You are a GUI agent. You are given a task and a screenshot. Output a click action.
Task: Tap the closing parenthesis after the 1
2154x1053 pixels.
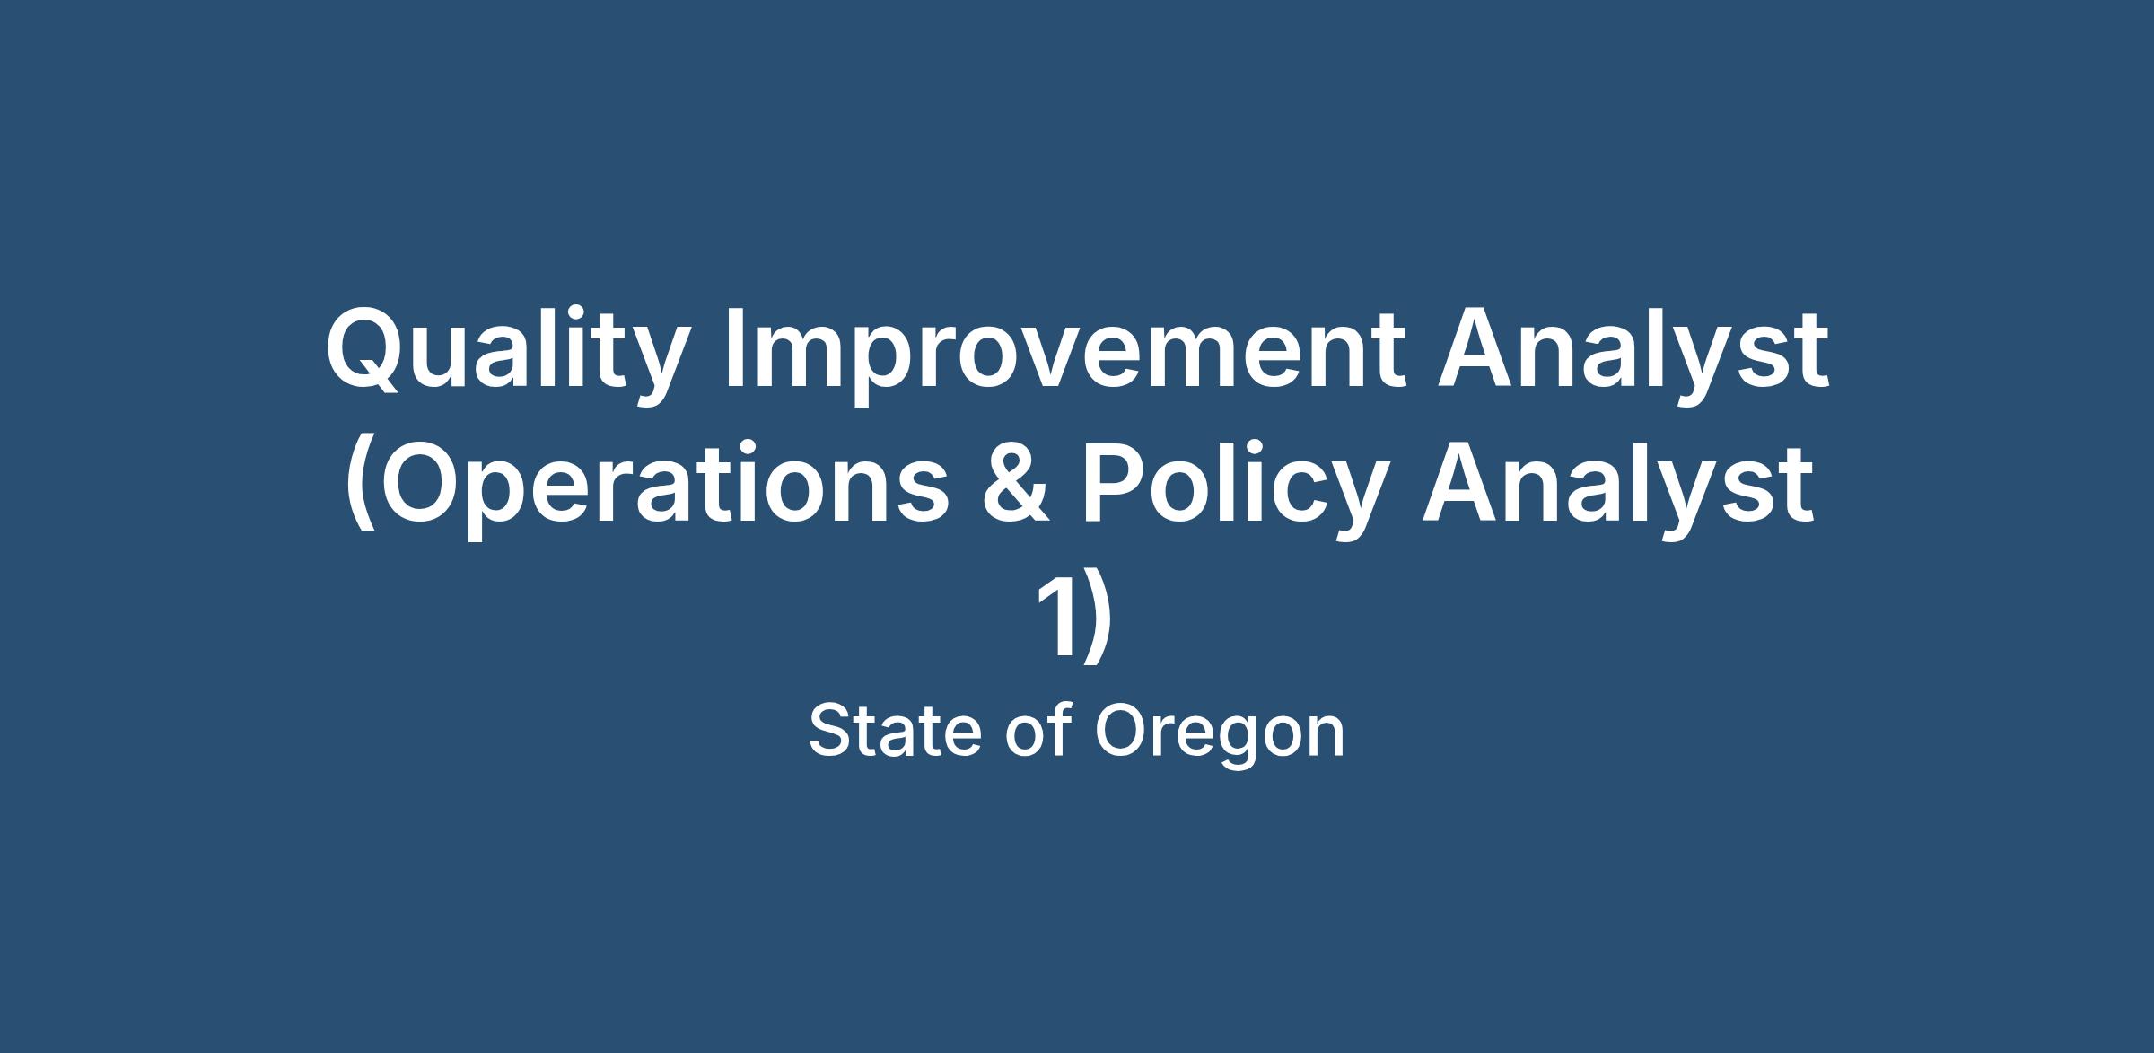(1099, 619)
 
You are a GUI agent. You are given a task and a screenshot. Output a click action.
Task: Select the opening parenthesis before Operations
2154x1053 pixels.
(361, 489)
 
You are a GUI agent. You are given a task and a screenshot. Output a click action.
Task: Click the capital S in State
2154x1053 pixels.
(832, 732)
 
